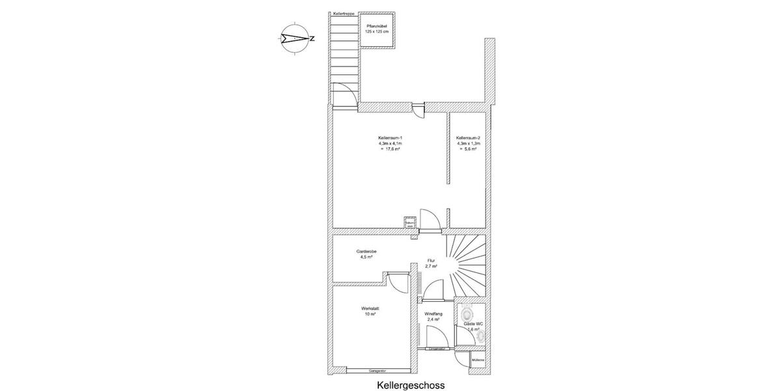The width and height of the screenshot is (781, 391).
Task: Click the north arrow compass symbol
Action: point(296,38)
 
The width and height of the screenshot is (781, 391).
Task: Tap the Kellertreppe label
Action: point(344,13)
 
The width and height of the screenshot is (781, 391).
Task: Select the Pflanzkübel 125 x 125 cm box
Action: point(377,29)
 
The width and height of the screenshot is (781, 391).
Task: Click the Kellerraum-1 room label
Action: point(390,138)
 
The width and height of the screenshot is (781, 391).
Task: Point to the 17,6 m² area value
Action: point(390,149)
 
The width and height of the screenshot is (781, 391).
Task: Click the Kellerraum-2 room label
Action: point(468,138)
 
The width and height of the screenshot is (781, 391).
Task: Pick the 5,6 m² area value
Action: point(468,149)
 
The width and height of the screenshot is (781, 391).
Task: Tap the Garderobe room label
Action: point(366,252)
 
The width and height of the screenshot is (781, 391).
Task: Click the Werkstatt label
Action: point(370,308)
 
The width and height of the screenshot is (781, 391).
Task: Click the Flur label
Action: point(430,261)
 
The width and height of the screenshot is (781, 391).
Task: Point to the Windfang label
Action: point(433,314)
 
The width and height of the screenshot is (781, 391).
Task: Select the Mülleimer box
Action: point(478,360)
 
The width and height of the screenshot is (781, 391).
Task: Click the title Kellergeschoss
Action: point(411,385)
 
